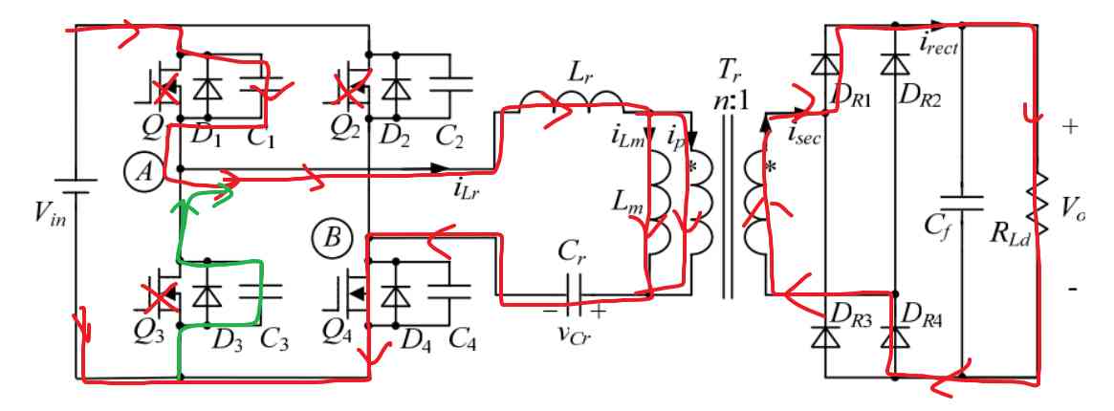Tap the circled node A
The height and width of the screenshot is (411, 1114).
click(x=141, y=171)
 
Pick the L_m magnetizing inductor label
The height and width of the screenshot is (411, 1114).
click(x=626, y=202)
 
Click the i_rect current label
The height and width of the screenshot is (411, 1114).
click(x=939, y=43)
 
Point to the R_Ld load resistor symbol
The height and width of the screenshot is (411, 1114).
click(x=1035, y=205)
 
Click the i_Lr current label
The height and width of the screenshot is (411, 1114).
click(x=469, y=186)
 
